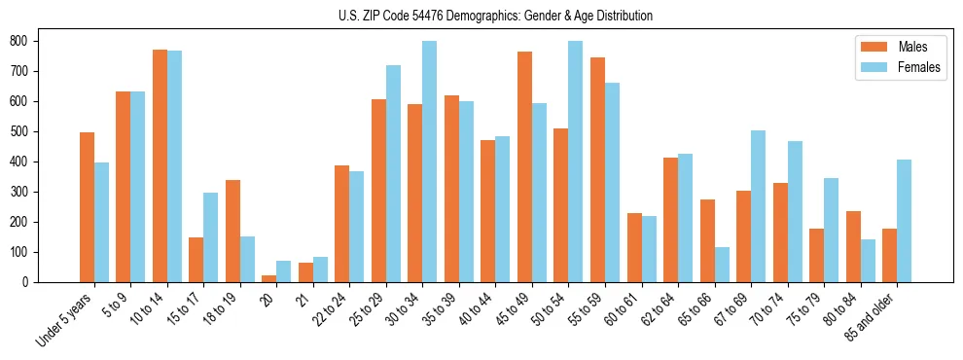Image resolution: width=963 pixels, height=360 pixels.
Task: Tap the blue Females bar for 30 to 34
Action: (429, 162)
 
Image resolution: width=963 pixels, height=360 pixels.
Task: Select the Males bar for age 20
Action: (269, 278)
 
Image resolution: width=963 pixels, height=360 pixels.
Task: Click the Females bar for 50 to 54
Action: (575, 162)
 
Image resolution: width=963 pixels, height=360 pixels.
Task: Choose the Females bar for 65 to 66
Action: (721, 265)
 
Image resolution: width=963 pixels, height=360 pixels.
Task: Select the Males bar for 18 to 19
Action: (232, 231)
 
